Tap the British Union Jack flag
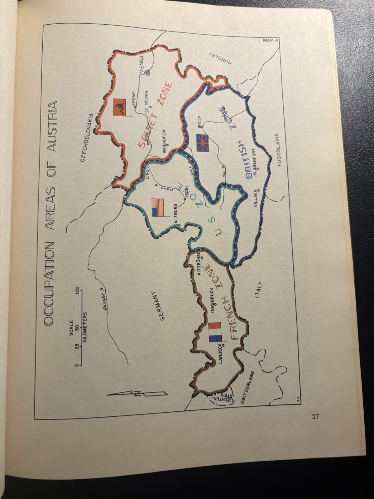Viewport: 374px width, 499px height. pos(202,143)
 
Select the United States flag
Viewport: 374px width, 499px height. pos(157,207)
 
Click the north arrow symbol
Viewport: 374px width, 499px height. pos(137,394)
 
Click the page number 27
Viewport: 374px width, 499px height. pos(315,417)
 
